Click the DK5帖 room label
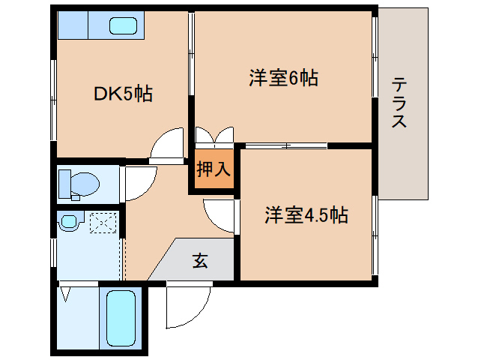(123, 94)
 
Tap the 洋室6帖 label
(282, 77)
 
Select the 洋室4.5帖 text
(305, 215)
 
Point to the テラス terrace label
(399, 103)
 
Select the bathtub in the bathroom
(121, 318)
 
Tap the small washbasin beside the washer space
(70, 221)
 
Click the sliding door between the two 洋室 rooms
(285, 145)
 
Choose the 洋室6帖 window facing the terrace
(374, 56)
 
